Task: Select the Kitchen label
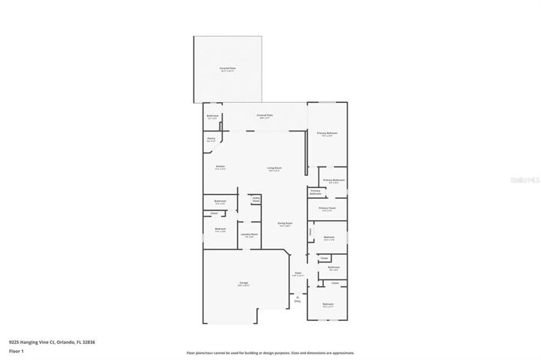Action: point(220,167)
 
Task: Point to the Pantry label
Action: point(211,140)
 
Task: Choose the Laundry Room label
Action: point(249,236)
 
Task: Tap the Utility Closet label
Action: point(256,199)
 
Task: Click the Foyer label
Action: point(298,274)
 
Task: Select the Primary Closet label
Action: point(327,209)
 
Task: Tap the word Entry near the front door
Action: point(298,301)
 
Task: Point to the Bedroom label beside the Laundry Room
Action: point(220,230)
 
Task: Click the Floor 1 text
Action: point(16,350)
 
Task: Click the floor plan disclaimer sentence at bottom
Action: point(269,353)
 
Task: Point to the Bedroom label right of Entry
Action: point(328,306)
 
